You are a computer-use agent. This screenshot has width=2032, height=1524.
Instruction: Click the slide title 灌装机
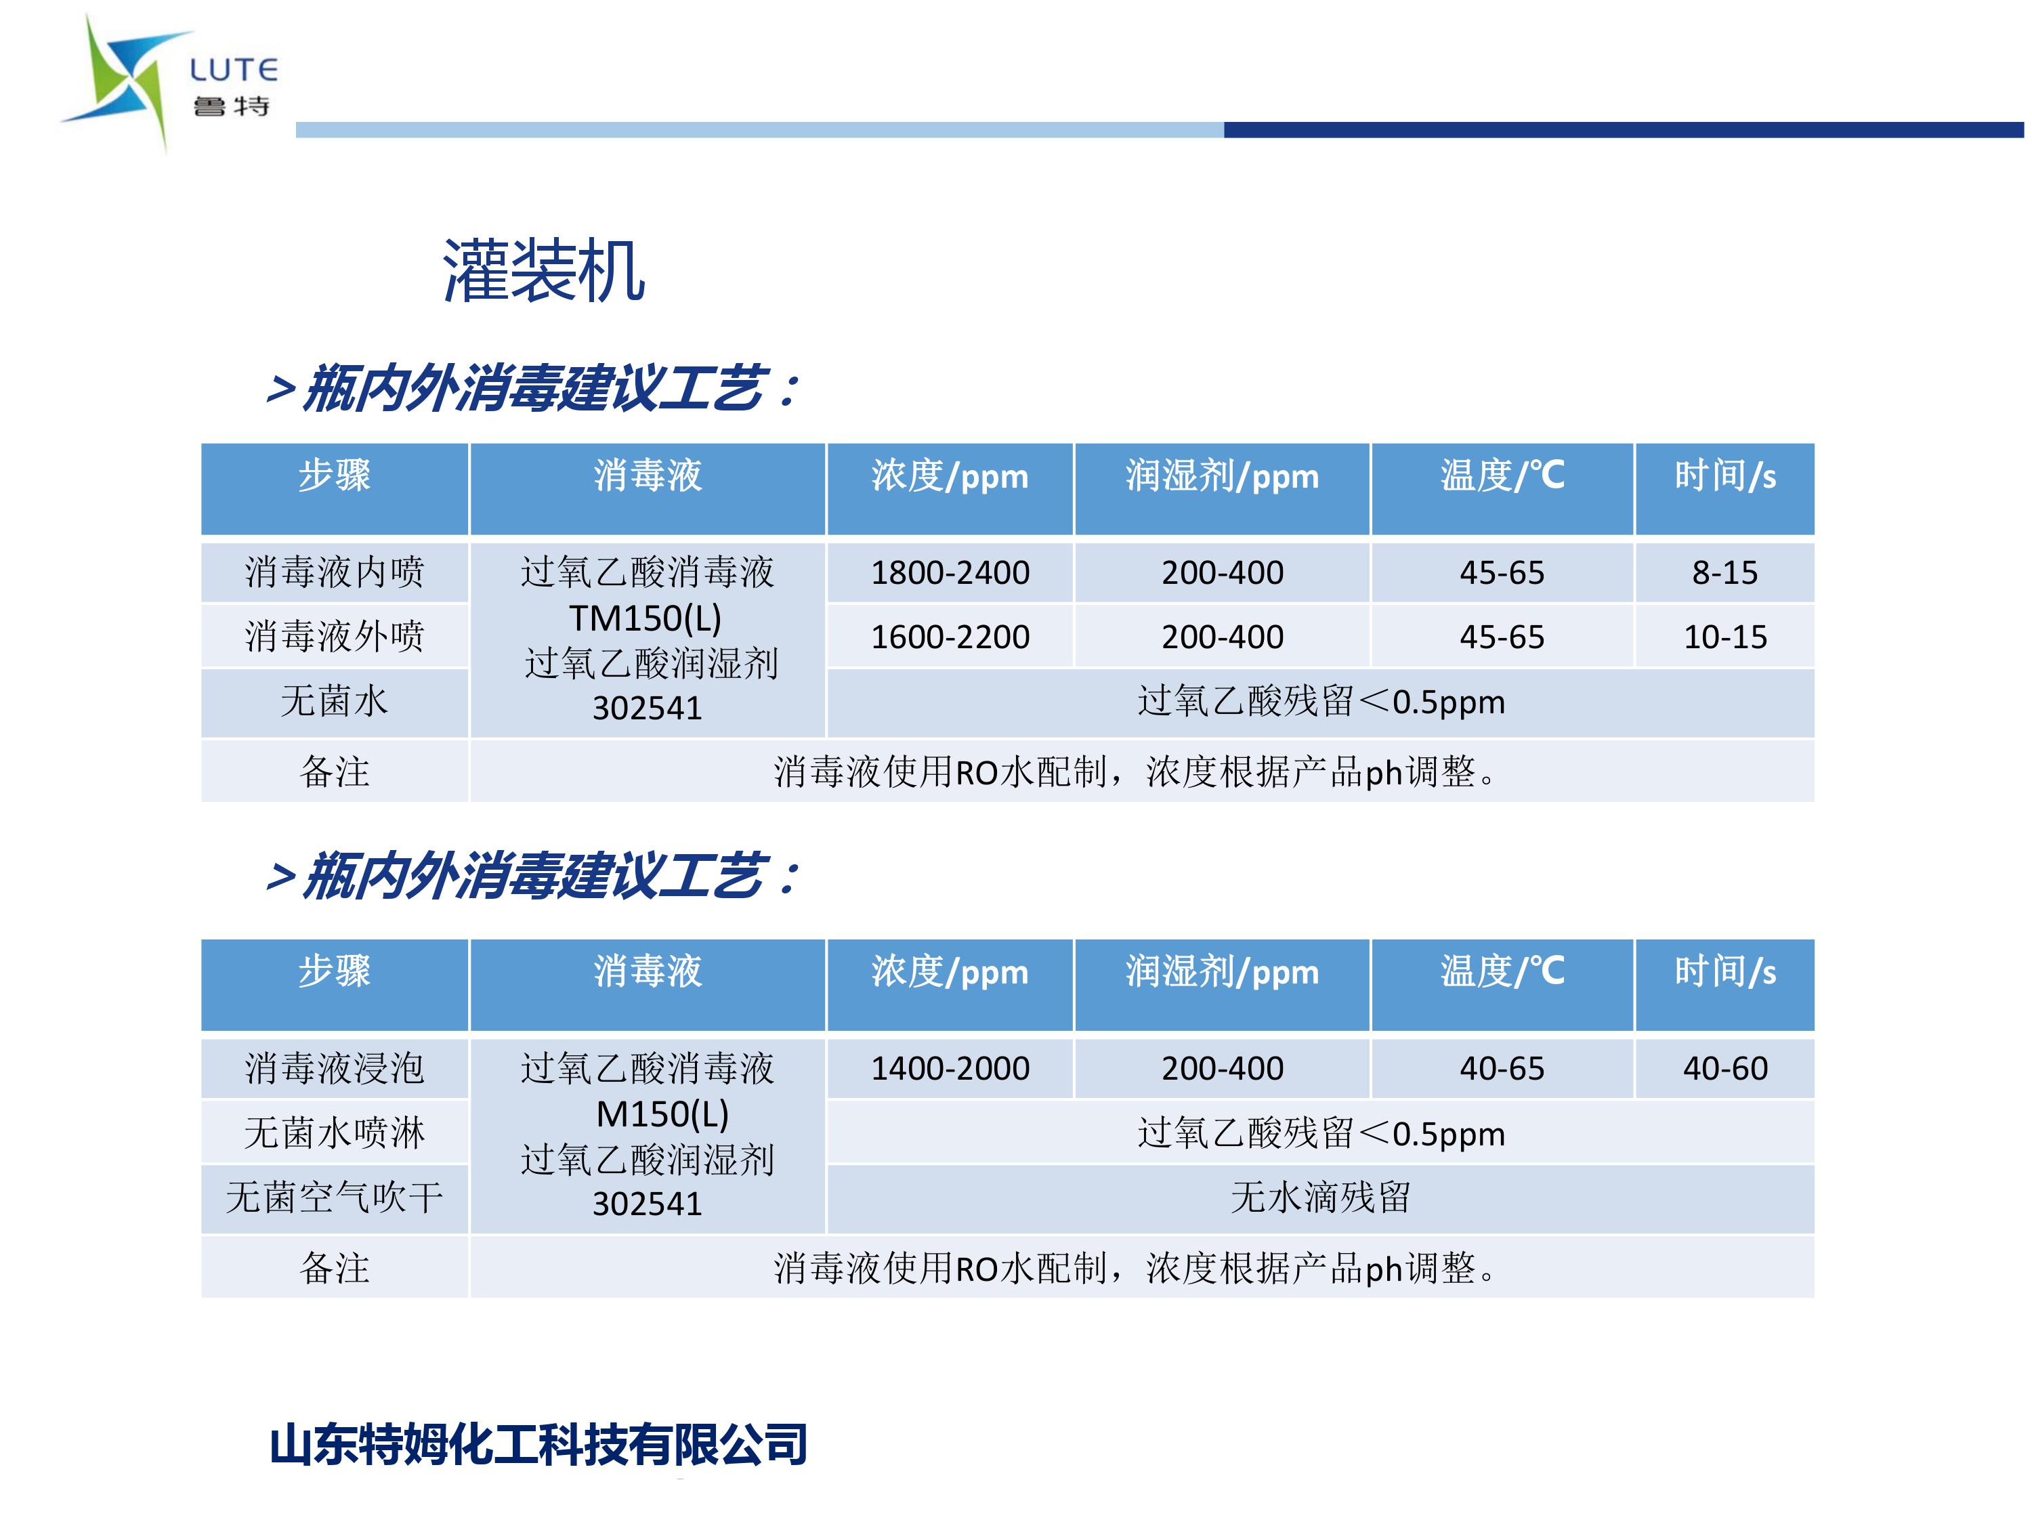pos(544,271)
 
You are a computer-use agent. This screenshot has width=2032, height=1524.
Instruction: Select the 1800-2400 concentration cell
pos(950,572)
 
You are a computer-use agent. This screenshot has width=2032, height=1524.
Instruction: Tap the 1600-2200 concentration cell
pos(950,637)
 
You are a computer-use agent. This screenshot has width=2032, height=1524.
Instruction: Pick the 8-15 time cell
pos(1724,572)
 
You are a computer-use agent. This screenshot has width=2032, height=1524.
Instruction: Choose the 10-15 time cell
pos(1724,637)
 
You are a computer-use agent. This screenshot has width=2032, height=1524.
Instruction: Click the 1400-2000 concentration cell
pos(950,1068)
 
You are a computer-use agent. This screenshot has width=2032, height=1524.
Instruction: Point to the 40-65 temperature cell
pos(1502,1068)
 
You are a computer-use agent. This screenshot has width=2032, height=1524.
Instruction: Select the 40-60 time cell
pos(1724,1068)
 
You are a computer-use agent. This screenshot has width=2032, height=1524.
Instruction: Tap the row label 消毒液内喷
pos(335,572)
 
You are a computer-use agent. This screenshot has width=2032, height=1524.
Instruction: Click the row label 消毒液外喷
pos(335,637)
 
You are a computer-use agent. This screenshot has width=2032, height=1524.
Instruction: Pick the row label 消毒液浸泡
pos(335,1068)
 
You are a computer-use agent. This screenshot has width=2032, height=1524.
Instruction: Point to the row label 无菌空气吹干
pos(335,1197)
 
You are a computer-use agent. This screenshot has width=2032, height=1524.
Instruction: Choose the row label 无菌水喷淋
pos(335,1133)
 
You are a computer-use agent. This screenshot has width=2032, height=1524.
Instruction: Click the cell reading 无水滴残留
pos(1320,1197)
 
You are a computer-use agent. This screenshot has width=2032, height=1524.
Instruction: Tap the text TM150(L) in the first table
pos(645,618)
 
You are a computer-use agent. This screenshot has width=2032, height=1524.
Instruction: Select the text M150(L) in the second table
pos(662,1114)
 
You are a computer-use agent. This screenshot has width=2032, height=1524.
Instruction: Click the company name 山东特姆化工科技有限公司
pos(538,1444)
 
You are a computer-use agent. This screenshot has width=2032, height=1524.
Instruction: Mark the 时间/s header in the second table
pos(1724,971)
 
